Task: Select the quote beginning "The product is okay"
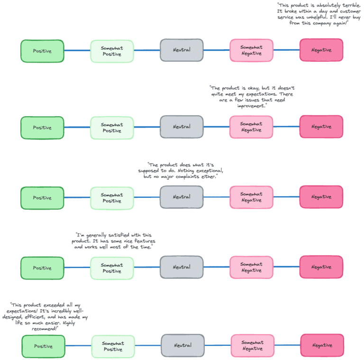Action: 253,97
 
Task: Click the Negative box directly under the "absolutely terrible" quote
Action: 321,50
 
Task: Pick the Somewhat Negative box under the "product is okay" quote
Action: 251,127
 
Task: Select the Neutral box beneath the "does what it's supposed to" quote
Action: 182,197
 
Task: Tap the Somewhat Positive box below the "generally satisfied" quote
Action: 112,268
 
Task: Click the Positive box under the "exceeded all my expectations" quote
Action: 44,346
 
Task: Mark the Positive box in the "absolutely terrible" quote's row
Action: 42,51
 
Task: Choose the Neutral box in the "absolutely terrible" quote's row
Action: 182,50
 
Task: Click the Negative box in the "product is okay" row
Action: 321,127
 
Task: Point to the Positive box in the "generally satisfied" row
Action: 42,268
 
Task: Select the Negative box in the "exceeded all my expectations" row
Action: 322,346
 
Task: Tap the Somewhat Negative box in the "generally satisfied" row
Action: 251,268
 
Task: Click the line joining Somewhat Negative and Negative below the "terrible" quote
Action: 286,50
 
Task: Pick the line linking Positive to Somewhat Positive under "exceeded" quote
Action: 78,346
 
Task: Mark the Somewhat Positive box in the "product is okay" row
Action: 112,128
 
